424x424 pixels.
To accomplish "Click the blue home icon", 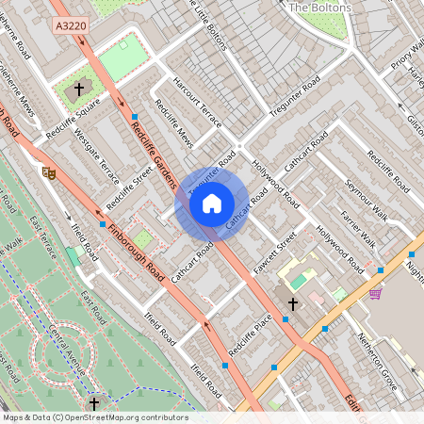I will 212,203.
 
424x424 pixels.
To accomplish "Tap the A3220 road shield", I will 68,27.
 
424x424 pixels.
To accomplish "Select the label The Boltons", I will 319,8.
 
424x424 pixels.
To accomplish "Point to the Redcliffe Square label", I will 73,120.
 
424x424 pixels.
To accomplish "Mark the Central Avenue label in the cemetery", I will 66,359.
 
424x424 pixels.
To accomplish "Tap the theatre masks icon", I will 48,172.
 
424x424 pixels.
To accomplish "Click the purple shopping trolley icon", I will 376,294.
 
